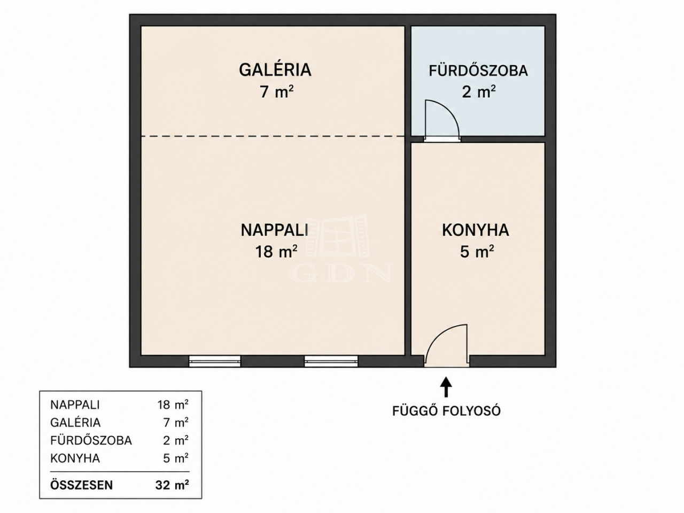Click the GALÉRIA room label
point(275,70)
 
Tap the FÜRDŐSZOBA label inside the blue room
point(478,71)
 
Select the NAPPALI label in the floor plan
point(275,230)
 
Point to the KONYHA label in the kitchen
point(476,230)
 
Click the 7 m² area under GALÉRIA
point(277,92)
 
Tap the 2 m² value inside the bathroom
point(479,92)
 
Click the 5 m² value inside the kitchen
point(477,251)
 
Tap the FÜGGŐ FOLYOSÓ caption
point(447,411)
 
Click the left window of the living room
point(215,361)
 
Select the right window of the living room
point(331,361)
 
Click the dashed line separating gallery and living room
point(273,136)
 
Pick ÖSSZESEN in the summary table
point(81,485)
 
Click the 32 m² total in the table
point(172,485)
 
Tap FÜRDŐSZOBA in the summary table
point(91,440)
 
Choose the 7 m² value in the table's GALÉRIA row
point(176,423)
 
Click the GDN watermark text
point(340,273)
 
